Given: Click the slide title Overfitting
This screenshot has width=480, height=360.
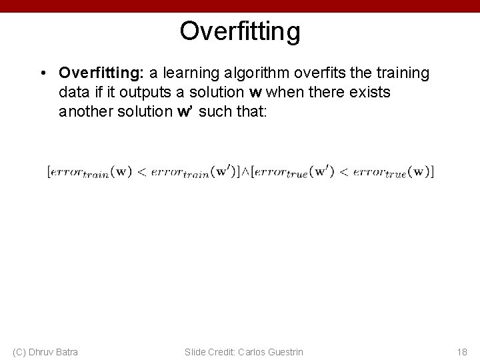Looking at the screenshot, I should pos(240,31).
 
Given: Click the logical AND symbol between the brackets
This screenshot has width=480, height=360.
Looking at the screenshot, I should pos(244,171).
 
